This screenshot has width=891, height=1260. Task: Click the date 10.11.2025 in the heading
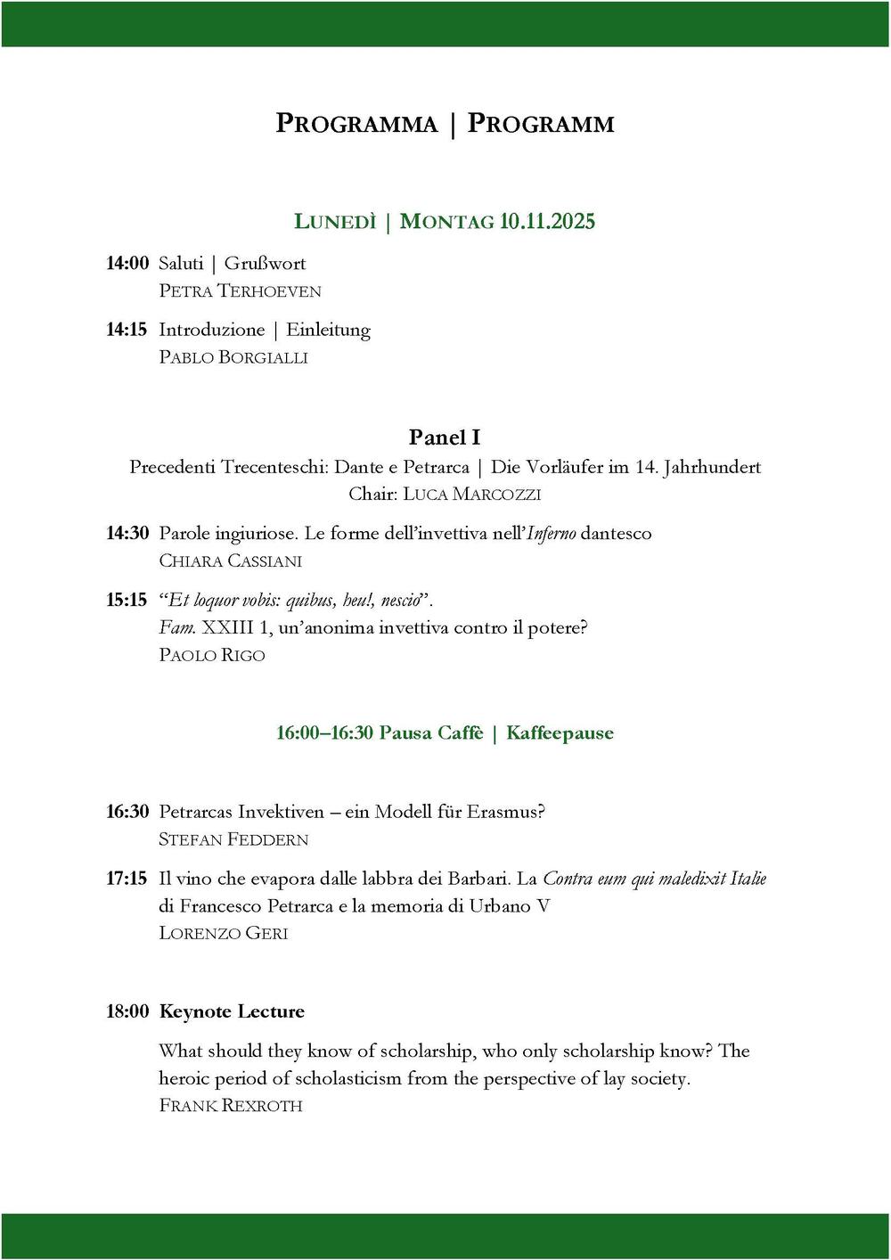click(547, 222)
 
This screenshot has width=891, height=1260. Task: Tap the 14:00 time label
click(127, 264)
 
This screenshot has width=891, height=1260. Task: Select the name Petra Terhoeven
click(240, 291)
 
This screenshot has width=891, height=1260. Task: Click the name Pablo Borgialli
click(233, 357)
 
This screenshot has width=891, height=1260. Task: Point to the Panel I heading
click(445, 438)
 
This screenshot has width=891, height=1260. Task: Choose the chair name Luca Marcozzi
click(472, 495)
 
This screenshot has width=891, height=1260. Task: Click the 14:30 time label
click(127, 534)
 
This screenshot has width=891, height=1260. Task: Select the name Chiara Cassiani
click(230, 561)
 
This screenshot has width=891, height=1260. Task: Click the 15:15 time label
click(127, 601)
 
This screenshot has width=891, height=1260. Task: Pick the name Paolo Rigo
click(212, 656)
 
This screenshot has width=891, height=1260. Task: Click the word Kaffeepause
click(560, 733)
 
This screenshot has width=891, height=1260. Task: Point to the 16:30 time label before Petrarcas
click(127, 812)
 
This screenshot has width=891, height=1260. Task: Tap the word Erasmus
click(503, 812)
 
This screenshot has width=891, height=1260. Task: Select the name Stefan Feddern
click(233, 839)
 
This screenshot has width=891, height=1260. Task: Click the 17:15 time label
click(127, 879)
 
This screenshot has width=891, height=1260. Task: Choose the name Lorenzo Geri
click(224, 934)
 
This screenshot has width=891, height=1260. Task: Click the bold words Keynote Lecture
click(232, 1012)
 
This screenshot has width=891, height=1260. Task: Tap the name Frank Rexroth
click(231, 1106)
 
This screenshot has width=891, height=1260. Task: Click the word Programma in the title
click(356, 124)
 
